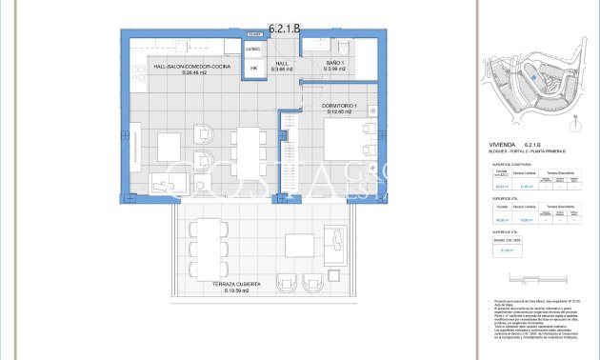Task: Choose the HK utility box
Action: click(x=253, y=69)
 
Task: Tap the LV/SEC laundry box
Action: click(x=253, y=49)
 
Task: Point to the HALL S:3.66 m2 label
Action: click(x=282, y=67)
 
